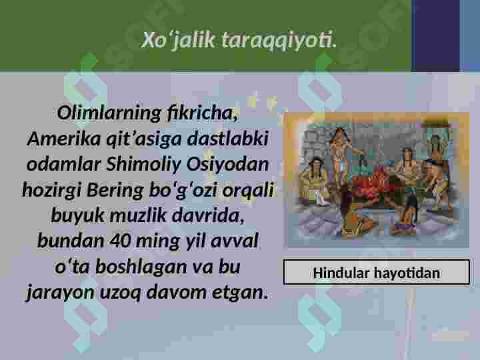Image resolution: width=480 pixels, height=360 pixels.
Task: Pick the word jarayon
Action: click(x=58, y=292)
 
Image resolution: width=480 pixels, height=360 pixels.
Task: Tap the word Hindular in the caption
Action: click(x=342, y=273)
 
